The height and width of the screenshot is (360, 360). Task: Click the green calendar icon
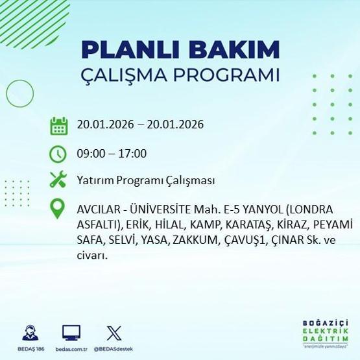59,125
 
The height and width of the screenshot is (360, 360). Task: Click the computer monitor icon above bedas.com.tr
71,333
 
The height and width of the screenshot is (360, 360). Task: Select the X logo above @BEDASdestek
113,333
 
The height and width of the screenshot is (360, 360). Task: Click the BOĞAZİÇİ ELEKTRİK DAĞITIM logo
325,331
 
